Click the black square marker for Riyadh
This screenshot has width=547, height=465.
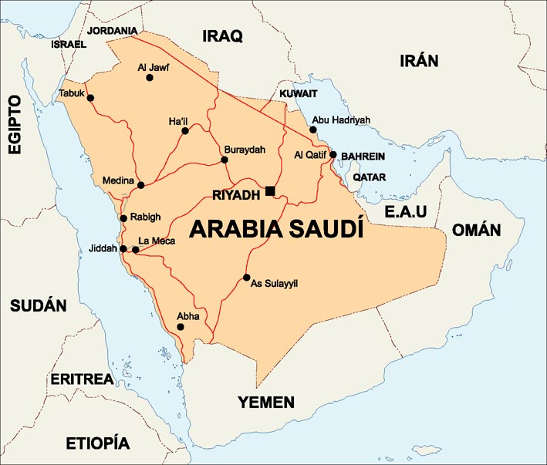tap(270, 190)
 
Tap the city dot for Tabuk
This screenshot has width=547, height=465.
tap(90, 98)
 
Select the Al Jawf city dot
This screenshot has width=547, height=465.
tap(150, 78)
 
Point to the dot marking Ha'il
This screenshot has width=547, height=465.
tap(185, 131)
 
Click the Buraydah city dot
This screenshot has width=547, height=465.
tap(225, 160)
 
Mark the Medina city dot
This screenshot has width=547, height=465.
tap(140, 185)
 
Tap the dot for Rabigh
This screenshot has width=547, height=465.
tap(123, 218)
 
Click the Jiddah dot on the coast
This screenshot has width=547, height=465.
tap(123, 249)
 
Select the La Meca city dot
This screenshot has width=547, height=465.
tap(136, 250)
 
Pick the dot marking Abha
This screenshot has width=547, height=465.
tap(181, 327)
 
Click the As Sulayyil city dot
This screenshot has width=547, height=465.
tap(247, 278)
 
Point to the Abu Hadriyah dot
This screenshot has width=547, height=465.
tap(313, 130)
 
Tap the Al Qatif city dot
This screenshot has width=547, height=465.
tap(333, 155)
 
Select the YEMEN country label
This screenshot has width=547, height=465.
tap(265, 402)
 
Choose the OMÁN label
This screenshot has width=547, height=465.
tap(476, 230)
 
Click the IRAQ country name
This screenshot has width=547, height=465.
tap(222, 35)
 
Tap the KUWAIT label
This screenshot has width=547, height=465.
tap(299, 93)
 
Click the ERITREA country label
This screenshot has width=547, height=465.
tap(83, 379)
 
